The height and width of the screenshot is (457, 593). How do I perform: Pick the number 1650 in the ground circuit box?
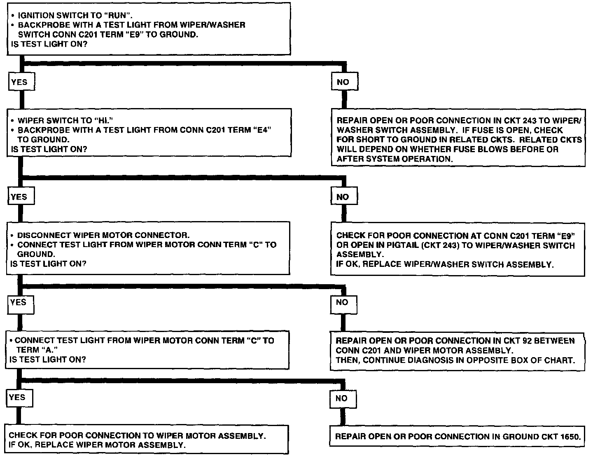pyautogui.click(x=570, y=436)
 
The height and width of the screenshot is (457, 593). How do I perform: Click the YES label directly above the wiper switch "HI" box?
pyautogui.click(x=19, y=82)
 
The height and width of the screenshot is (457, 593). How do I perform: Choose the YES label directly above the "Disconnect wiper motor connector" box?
pyautogui.click(x=19, y=197)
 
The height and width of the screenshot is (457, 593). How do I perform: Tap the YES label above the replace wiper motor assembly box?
pyautogui.click(x=17, y=397)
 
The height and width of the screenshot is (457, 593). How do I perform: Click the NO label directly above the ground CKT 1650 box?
pyautogui.click(x=342, y=398)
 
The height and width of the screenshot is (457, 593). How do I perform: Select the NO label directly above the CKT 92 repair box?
pyautogui.click(x=342, y=302)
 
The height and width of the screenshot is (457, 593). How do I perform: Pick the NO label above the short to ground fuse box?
pyautogui.click(x=343, y=82)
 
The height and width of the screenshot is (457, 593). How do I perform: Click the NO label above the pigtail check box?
pyautogui.click(x=343, y=197)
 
